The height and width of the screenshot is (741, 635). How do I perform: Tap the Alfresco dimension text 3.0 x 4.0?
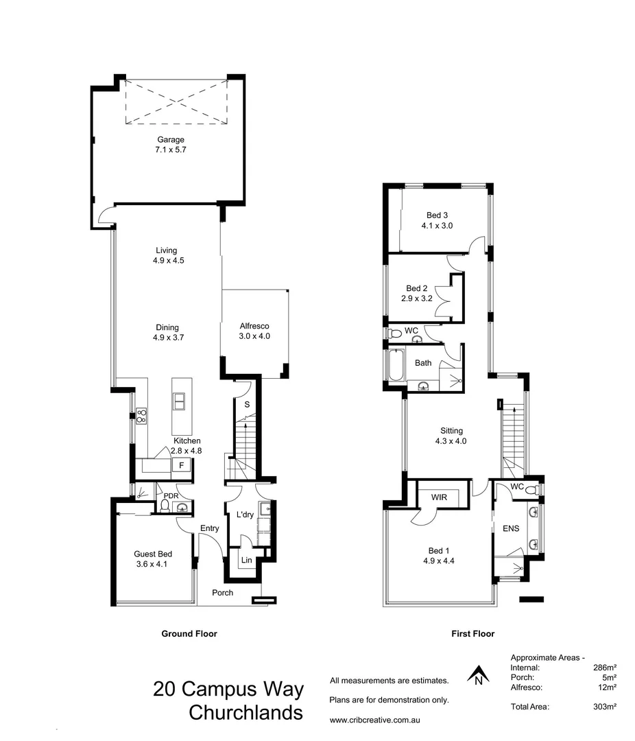[x=255, y=336]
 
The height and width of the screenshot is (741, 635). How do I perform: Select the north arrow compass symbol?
[x=478, y=676]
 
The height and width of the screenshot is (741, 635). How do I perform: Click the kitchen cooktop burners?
[x=142, y=415]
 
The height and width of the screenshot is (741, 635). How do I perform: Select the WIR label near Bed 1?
[x=440, y=496]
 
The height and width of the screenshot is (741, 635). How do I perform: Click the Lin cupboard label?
[x=245, y=561]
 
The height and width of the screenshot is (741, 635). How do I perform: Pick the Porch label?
[x=222, y=593]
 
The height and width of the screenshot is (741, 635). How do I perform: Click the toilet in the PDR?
[x=165, y=506]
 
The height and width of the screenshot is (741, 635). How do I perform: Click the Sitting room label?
[x=451, y=431]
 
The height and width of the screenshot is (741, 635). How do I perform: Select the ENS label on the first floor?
[x=511, y=528]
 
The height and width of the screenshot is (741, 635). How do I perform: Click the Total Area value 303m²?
[x=604, y=706]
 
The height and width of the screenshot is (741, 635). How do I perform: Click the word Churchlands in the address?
[x=245, y=713]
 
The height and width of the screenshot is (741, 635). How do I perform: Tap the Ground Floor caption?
[x=189, y=634]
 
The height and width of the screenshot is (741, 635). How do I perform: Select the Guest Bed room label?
[x=153, y=554]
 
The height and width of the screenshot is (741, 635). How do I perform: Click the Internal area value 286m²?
[x=604, y=667]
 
